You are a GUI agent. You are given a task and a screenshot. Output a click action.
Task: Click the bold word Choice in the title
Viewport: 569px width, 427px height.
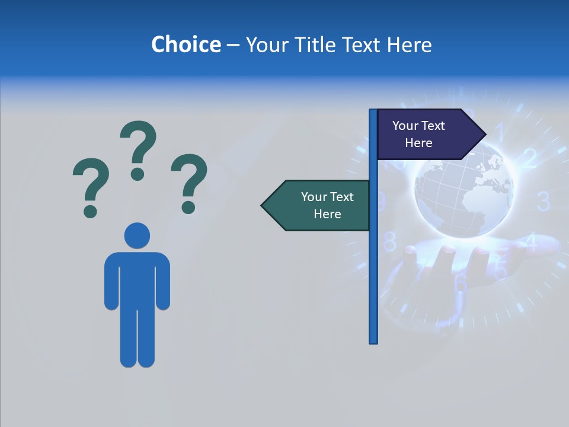(x=186, y=44)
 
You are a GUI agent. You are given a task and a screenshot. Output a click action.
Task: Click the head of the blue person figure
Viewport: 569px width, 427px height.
(x=137, y=235)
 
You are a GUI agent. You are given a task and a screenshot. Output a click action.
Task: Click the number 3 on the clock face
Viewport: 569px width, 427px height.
(x=544, y=202)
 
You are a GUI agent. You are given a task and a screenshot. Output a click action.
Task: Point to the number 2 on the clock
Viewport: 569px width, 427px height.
(x=529, y=158)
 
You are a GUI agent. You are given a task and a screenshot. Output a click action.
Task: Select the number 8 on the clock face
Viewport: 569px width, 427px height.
(x=390, y=242)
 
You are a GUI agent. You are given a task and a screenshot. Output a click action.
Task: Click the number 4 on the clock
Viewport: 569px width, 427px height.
(x=531, y=242)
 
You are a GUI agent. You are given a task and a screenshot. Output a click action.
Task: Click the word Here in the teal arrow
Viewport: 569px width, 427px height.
(x=327, y=214)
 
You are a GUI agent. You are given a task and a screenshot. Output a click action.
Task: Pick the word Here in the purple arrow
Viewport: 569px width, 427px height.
(x=418, y=143)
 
